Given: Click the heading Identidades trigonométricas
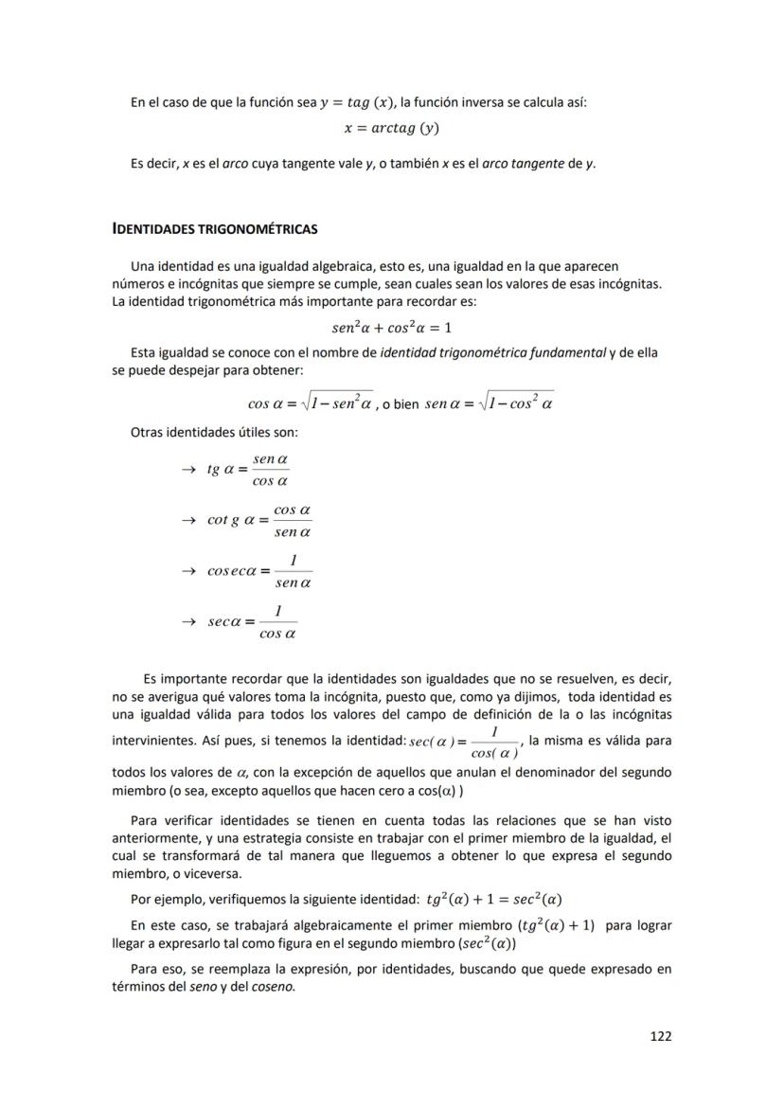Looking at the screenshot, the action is pyautogui.click(x=214, y=229).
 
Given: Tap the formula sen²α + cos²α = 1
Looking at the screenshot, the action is pyautogui.click(x=391, y=328).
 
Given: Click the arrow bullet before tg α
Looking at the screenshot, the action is pyautogui.click(x=187, y=469).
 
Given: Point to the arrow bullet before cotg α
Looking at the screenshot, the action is pyautogui.click(x=187, y=520).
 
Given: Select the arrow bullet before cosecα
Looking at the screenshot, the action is pyautogui.click(x=187, y=571).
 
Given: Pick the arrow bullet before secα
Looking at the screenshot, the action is pyautogui.click(x=187, y=621).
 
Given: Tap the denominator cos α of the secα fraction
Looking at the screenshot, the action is pyautogui.click(x=277, y=634).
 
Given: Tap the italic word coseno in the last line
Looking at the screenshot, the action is pyautogui.click(x=273, y=986).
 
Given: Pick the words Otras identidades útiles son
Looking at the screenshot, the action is pyautogui.click(x=214, y=433).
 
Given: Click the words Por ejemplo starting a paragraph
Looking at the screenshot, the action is pyautogui.click(x=165, y=899).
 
